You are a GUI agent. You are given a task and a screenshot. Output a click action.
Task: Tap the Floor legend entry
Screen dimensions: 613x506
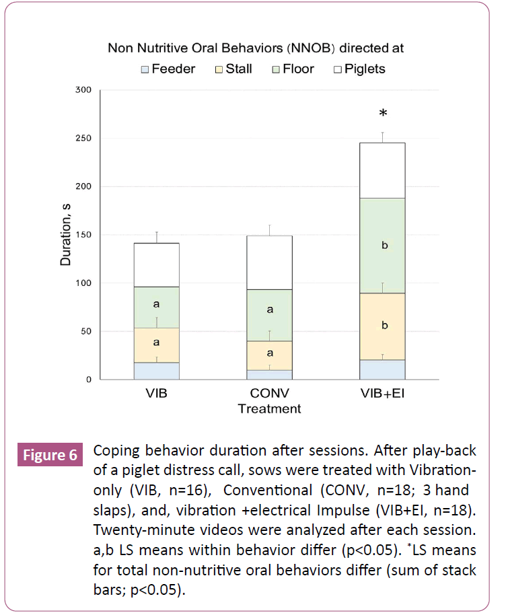tap(291, 69)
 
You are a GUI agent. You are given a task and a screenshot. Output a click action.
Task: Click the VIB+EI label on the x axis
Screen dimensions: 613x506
tap(382, 394)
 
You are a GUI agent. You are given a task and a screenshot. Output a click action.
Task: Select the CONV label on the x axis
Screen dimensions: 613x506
tap(269, 394)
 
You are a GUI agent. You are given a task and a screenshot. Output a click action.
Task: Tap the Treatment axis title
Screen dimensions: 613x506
tap(269, 408)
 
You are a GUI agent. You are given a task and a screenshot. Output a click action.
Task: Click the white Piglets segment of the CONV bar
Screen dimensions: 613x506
tap(269, 262)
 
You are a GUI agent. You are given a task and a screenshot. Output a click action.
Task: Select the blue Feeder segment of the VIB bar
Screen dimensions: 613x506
tap(155, 371)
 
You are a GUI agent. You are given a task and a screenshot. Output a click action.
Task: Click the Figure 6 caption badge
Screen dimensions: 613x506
tap(50, 456)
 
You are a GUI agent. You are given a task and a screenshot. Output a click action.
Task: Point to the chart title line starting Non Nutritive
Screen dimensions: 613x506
tap(259, 48)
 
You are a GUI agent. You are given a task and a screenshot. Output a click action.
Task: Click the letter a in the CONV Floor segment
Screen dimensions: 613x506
tap(270, 310)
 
